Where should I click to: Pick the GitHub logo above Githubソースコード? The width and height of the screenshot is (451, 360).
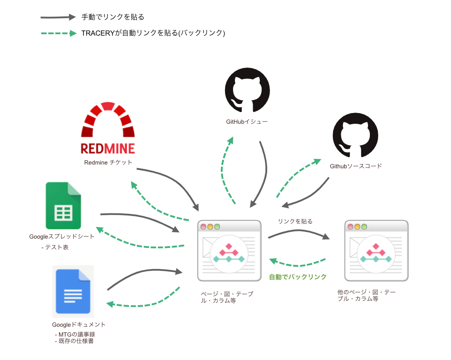[x=355, y=135]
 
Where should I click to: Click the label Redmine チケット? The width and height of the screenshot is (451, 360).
[x=108, y=163]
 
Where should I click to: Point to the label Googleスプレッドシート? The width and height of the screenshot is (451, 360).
[x=62, y=237]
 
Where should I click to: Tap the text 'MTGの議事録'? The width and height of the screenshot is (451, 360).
[x=78, y=335]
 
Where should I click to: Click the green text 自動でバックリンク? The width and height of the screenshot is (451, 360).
[x=298, y=277]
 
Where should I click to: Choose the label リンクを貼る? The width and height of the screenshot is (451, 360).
[x=295, y=221]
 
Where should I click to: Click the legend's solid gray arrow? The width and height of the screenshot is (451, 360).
[x=58, y=17]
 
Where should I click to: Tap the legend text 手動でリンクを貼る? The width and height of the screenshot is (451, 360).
[x=113, y=17]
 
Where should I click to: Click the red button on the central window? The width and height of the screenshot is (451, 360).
[x=203, y=227]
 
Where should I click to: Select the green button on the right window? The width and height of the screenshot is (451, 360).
[x=364, y=227]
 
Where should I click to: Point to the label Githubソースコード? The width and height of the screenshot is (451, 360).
[x=356, y=166]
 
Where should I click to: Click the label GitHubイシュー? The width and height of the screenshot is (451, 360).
[x=247, y=122]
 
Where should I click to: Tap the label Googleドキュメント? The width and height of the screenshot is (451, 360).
[x=79, y=324]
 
